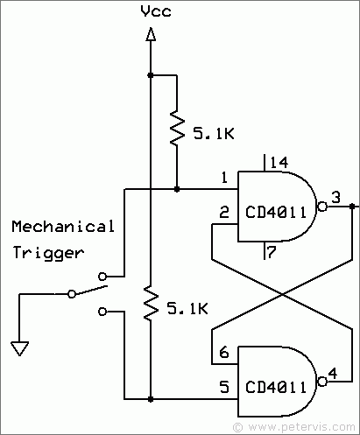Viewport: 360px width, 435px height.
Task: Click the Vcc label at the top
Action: (x=156, y=11)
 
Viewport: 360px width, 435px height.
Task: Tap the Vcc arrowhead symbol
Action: (x=151, y=34)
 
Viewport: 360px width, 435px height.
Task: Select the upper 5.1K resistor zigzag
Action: (x=177, y=128)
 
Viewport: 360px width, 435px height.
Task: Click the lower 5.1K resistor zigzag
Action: (x=151, y=303)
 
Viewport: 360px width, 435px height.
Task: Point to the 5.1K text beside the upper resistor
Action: (x=214, y=134)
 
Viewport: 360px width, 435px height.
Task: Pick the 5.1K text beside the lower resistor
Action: (x=187, y=308)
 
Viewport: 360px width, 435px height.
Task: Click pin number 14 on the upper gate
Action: (x=279, y=163)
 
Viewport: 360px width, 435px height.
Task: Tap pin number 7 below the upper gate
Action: (x=272, y=252)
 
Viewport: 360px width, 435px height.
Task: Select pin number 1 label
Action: (x=224, y=178)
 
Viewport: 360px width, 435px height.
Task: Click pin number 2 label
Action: (x=224, y=212)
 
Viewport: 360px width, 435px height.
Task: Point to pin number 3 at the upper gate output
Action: (x=336, y=198)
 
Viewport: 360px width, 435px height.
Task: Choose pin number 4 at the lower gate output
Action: (x=333, y=373)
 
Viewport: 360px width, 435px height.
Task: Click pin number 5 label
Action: (x=224, y=387)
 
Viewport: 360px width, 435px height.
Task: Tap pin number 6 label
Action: (x=224, y=353)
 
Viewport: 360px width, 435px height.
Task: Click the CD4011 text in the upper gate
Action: (x=276, y=212)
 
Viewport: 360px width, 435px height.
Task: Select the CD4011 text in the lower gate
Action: (x=276, y=387)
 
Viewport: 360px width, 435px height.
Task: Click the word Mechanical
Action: (x=63, y=227)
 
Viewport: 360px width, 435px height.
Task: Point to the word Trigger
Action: (x=48, y=253)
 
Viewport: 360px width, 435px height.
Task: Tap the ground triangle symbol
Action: (x=19, y=348)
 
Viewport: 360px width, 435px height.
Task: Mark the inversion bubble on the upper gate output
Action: (x=322, y=207)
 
